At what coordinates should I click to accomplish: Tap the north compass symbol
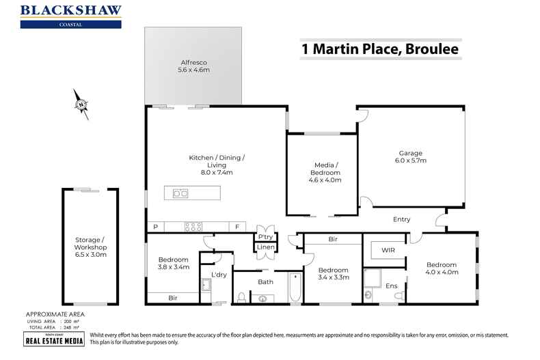81,105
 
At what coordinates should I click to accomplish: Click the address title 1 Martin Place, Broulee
380,49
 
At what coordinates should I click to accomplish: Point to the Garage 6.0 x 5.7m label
411,156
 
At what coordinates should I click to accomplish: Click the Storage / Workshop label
91,247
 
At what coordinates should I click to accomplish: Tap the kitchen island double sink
180,193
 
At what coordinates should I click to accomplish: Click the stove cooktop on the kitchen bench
192,227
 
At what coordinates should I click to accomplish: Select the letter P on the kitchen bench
156,227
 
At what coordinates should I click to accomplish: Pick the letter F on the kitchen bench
237,227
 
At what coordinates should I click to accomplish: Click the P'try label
265,236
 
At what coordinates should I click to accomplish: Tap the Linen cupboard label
265,247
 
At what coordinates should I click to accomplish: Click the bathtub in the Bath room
294,288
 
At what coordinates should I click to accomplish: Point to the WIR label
387,251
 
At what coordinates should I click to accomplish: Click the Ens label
392,286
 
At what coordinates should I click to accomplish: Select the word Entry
401,219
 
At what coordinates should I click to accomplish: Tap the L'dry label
219,275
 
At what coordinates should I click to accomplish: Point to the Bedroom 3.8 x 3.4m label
174,264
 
